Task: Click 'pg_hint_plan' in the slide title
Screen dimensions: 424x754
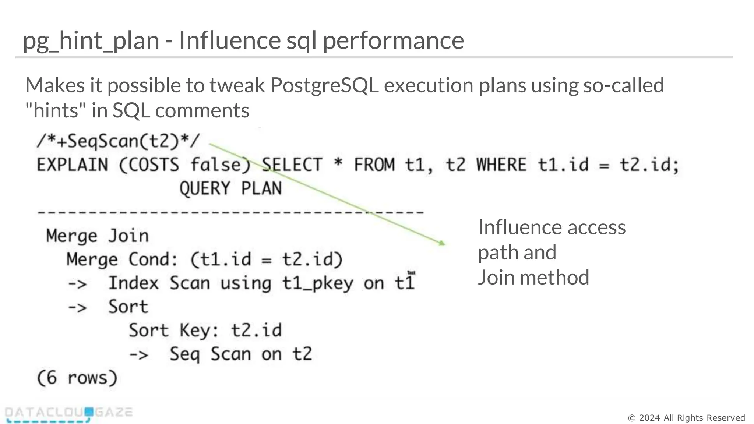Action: tap(91, 41)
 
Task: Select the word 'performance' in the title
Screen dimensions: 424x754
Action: tap(393, 41)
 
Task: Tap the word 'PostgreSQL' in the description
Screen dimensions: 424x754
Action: tap(324, 85)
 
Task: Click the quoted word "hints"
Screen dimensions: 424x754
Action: tap(52, 110)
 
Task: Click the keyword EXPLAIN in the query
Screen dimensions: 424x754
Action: tap(72, 165)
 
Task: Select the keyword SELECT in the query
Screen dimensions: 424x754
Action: tap(292, 165)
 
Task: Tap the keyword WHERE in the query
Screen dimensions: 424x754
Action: tap(501, 165)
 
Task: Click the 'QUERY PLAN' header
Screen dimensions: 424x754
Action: tap(230, 188)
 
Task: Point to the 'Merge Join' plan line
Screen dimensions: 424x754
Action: tap(97, 236)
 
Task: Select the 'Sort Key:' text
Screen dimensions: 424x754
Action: tap(174, 331)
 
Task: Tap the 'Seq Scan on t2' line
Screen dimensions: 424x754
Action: tap(240, 354)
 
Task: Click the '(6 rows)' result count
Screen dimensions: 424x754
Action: tap(77, 378)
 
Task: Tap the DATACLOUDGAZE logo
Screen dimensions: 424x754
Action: tap(68, 414)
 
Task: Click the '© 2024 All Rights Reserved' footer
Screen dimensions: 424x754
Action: tap(686, 418)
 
